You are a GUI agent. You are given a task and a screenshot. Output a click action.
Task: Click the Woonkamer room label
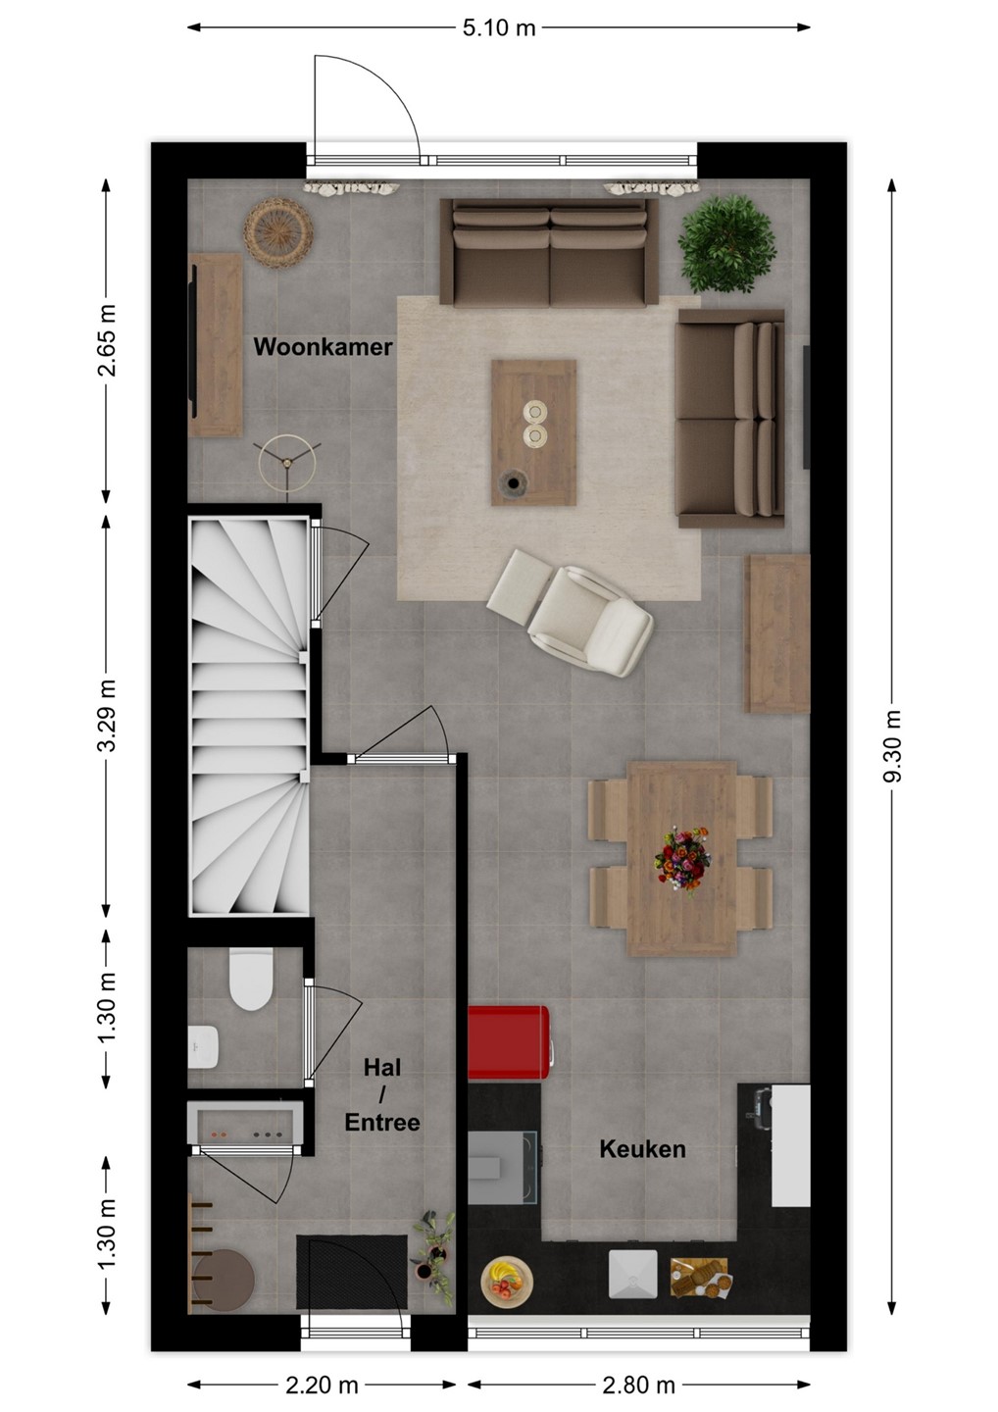click(323, 347)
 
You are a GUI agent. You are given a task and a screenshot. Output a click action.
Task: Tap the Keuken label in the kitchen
click(643, 1148)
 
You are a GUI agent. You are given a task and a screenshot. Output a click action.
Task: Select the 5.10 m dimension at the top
click(499, 27)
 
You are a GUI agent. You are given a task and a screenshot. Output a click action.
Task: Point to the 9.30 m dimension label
click(891, 745)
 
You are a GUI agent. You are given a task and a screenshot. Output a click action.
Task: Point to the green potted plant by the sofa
click(726, 244)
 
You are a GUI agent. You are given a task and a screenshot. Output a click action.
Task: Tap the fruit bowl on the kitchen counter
click(507, 1276)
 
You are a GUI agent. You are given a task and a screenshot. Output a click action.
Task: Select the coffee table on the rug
click(533, 432)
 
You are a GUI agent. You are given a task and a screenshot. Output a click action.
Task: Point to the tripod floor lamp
click(287, 463)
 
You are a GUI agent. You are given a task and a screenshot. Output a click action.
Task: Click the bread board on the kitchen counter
click(699, 1277)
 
